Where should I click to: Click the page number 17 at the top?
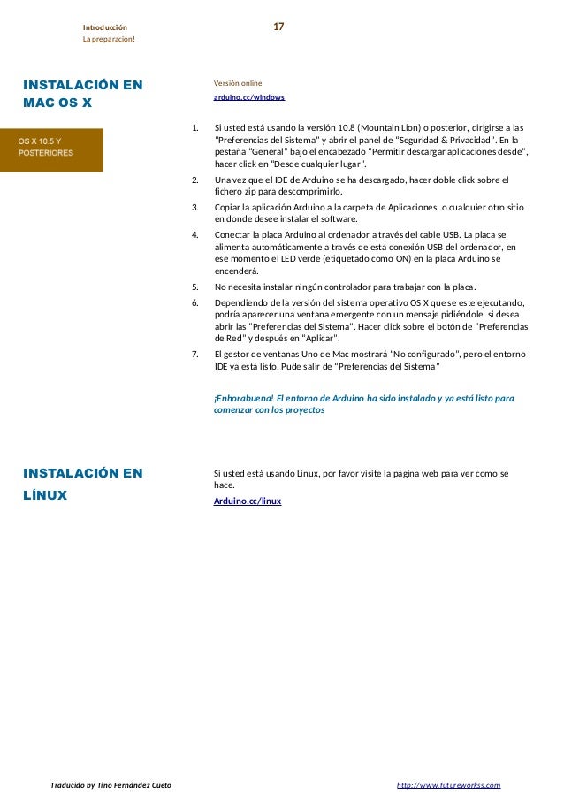[278, 27]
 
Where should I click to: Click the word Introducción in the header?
[104, 28]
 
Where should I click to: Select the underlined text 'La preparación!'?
[109, 40]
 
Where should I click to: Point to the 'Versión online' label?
[238, 83]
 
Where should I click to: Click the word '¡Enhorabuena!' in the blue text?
[243, 399]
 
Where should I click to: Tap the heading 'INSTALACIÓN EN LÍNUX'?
[82, 485]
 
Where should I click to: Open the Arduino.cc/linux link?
[248, 501]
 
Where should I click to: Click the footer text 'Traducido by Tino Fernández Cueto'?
[111, 785]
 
